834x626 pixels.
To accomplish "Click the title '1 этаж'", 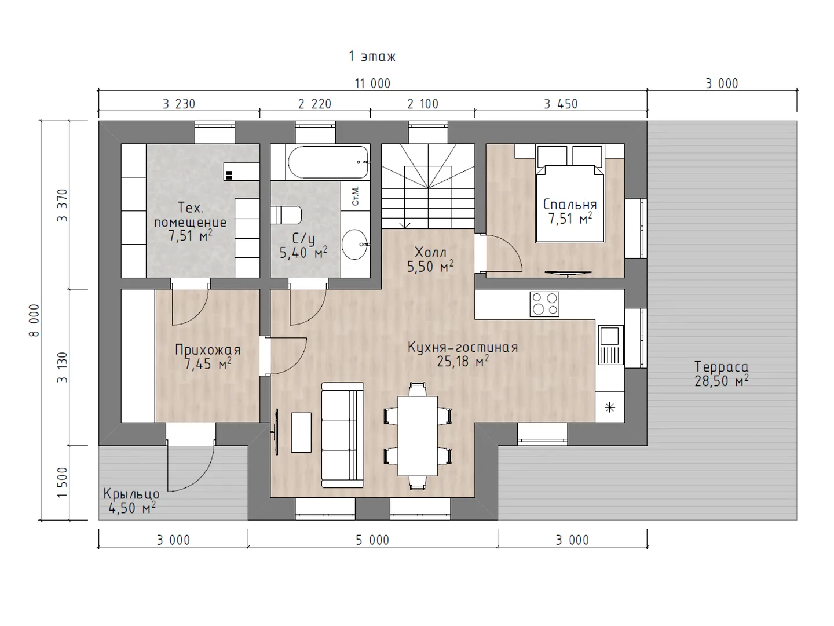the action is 372,57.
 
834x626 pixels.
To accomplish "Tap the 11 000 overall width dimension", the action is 372,83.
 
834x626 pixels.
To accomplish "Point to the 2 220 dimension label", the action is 314,104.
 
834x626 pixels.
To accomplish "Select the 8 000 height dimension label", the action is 34,320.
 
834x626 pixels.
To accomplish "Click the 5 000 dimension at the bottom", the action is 372,540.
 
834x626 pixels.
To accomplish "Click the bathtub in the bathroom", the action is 328,162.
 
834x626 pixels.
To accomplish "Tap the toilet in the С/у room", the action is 286,215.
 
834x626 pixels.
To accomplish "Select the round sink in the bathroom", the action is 355,245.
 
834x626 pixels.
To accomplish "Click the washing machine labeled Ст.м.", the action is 356,195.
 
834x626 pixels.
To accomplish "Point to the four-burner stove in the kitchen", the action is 544,304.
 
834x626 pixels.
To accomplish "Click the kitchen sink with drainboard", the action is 611,345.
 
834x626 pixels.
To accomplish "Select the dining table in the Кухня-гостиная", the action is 418,436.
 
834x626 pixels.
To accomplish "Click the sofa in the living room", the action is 343,435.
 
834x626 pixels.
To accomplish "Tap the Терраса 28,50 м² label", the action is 722,374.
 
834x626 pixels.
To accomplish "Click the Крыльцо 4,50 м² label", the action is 131,501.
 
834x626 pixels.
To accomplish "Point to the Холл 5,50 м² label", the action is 430,260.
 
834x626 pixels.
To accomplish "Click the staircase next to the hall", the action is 428,186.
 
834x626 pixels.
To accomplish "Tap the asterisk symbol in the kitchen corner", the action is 610,408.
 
